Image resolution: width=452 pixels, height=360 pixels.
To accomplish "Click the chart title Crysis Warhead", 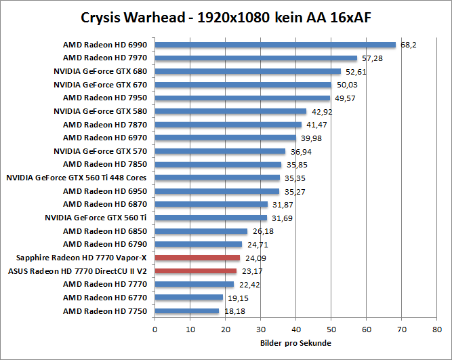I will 226,16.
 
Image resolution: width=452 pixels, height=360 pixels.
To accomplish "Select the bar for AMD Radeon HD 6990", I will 275,45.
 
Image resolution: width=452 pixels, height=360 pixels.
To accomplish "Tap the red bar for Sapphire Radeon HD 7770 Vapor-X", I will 197,258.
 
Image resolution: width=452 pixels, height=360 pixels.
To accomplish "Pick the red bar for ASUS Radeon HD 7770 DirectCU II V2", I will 196,271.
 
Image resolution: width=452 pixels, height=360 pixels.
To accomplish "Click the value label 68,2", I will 409,45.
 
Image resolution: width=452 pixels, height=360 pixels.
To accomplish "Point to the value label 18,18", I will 234,311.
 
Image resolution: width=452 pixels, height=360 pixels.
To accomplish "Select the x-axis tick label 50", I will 331,330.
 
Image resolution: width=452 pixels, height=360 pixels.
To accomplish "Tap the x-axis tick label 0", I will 155,330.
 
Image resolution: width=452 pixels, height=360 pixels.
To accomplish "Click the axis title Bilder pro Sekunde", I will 295,343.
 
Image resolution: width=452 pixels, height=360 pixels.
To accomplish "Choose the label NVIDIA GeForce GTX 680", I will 100,71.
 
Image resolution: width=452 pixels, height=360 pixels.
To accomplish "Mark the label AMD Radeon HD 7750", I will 105,311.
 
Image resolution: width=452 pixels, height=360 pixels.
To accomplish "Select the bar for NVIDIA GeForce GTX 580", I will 230,111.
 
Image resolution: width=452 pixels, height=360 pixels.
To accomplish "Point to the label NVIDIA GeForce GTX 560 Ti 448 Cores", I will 77,178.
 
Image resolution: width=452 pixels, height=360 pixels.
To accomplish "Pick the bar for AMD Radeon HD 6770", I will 189,298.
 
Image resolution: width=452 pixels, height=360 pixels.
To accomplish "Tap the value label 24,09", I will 255,258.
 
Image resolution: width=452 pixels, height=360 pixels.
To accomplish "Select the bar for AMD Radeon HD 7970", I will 256,58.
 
